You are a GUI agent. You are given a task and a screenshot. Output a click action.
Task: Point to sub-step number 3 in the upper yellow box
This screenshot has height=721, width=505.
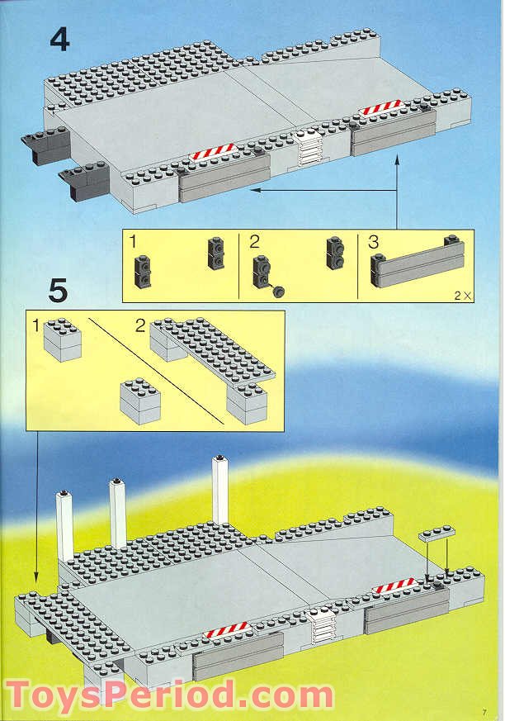point(373,242)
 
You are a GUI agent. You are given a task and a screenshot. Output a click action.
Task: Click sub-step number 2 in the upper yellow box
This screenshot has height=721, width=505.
point(254,242)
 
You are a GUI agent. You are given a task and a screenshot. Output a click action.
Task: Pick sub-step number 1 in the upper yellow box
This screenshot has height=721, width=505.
point(134,242)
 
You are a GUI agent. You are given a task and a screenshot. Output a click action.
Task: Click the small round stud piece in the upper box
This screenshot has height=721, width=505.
point(279,289)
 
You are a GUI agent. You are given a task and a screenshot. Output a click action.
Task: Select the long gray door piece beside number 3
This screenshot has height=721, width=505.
point(417,267)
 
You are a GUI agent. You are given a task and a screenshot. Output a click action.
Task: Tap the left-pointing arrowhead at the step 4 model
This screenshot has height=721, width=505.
point(255,190)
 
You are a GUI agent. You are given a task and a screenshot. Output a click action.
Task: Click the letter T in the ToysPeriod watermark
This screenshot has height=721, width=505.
point(24,695)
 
